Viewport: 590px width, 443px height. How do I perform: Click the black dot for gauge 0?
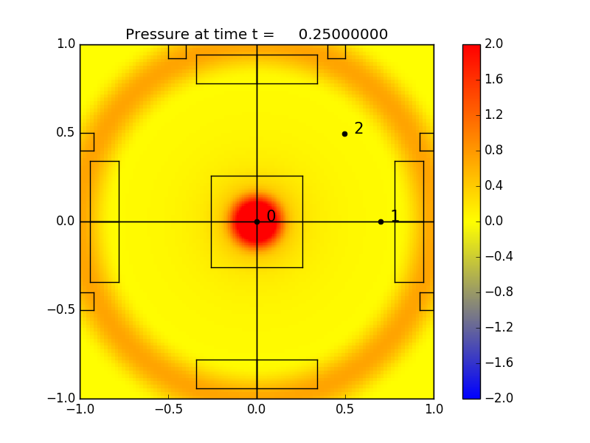pyautogui.click(x=257, y=221)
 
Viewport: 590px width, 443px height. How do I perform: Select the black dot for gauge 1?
pyautogui.click(x=381, y=221)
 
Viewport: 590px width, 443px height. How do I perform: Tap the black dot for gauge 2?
pyautogui.click(x=344, y=134)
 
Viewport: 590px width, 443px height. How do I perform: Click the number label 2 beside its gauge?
pyautogui.click(x=358, y=128)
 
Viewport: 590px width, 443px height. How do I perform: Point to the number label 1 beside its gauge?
pyautogui.click(x=395, y=216)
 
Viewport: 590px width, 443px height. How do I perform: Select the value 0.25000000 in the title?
pyautogui.click(x=343, y=35)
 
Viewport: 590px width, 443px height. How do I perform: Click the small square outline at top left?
pyautogui.click(x=177, y=52)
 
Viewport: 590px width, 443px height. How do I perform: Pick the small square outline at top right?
pyautogui.click(x=336, y=52)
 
